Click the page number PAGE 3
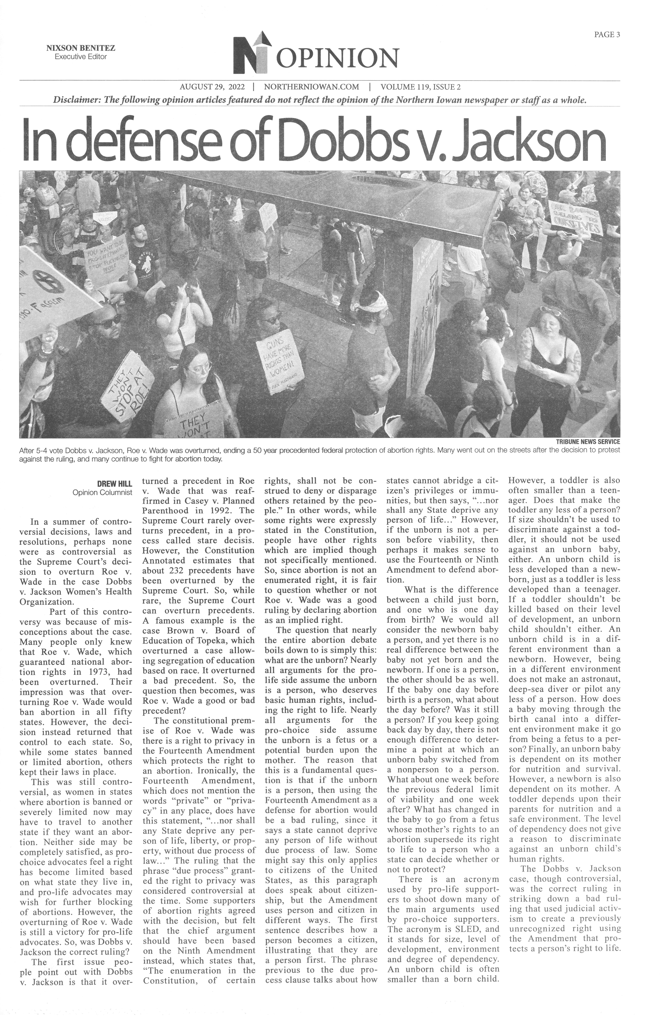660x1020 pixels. tap(607, 35)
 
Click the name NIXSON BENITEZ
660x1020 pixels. tap(81, 48)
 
